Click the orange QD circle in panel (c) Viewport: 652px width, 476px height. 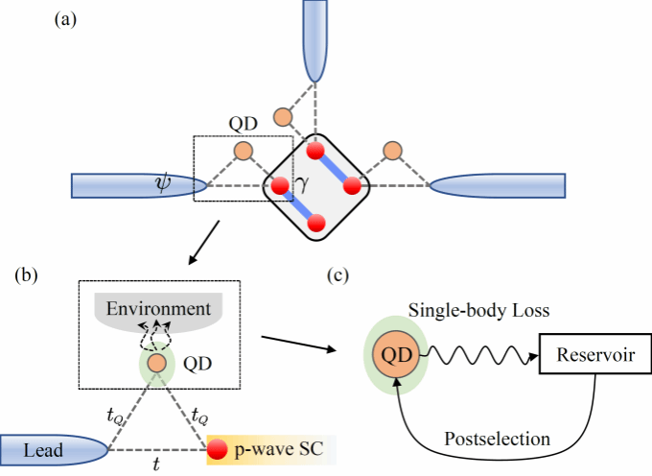point(393,354)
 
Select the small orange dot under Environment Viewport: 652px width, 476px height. point(158,363)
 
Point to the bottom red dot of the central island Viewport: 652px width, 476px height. point(317,224)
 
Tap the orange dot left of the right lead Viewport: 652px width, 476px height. point(391,150)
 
